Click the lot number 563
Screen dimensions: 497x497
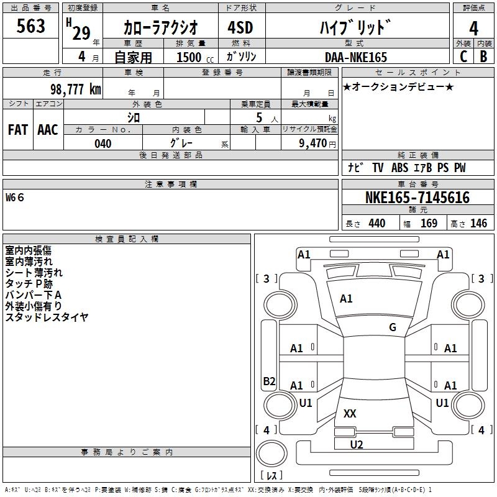tap(30, 25)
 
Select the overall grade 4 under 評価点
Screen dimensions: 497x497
tap(473, 29)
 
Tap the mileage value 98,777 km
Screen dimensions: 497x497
tap(76, 89)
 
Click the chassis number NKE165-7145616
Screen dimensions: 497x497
tap(417, 197)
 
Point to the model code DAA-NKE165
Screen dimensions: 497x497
tap(356, 57)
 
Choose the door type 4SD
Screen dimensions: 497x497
tap(240, 27)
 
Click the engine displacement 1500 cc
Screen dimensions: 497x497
tap(195, 57)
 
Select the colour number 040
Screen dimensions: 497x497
tap(103, 144)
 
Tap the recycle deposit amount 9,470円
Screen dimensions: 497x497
tap(317, 144)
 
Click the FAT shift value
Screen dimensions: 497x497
tap(18, 130)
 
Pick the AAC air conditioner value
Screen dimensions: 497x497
tap(48, 130)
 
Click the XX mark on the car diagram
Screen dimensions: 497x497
tap(350, 413)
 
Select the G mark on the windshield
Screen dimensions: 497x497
tap(393, 327)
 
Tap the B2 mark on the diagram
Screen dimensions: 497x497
tap(269, 381)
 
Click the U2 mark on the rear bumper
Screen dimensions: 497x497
tap(357, 445)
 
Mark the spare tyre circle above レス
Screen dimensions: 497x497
tap(271, 454)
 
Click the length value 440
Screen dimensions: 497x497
tap(377, 223)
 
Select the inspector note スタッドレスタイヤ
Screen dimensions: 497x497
tap(47, 317)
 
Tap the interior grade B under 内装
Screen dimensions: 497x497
tap(484, 57)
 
